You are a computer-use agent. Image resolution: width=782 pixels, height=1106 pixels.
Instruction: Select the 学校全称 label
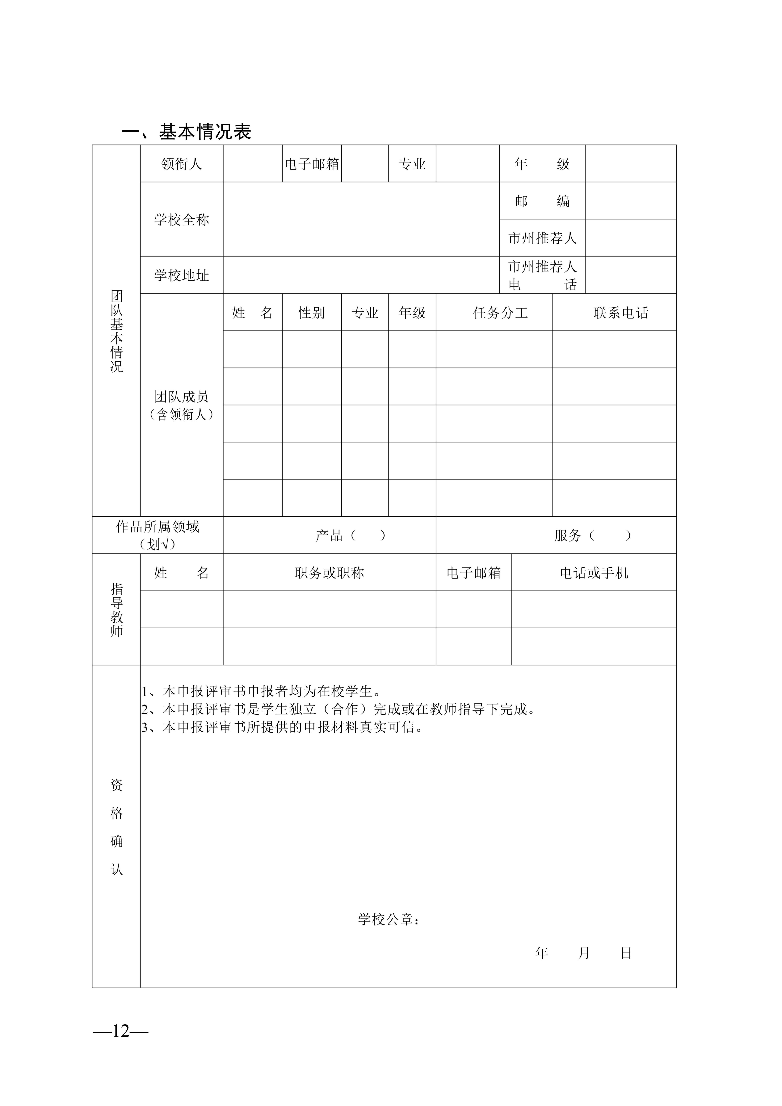(181, 220)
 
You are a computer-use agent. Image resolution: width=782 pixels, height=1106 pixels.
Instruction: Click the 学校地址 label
(181, 275)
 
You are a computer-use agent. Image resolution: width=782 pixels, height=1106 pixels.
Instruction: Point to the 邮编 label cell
(542, 201)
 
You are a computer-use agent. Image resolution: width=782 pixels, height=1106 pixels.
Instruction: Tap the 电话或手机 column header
(594, 573)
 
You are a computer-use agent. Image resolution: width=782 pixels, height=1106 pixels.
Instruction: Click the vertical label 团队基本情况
(117, 331)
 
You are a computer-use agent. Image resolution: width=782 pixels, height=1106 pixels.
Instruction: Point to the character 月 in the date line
(583, 953)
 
